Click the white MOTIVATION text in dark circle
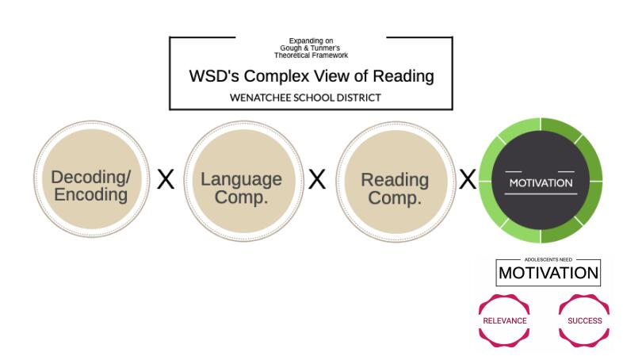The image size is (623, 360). [x=541, y=182]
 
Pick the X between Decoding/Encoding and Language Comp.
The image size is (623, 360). [x=166, y=179]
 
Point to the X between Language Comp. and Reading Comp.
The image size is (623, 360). [x=317, y=179]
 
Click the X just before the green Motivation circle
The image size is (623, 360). [x=468, y=179]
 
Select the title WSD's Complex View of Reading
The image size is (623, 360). [x=311, y=76]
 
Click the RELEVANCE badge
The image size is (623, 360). [x=504, y=320]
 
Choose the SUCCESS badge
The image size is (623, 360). [x=584, y=320]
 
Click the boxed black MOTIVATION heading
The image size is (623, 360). [x=548, y=274]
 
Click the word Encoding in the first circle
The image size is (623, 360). [x=90, y=193]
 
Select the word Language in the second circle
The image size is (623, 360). [x=241, y=179]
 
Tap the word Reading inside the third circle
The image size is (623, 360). [x=395, y=179]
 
